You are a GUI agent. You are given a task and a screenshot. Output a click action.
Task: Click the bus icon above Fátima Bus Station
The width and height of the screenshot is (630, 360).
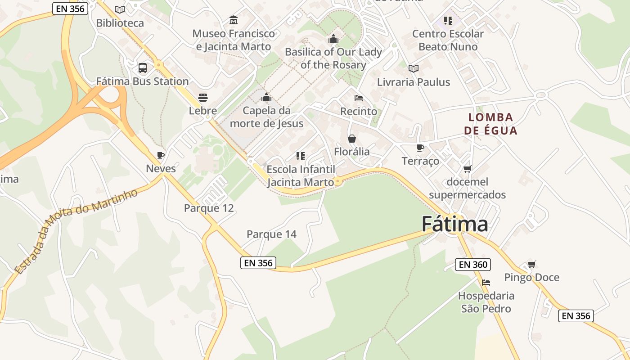pos(142,68)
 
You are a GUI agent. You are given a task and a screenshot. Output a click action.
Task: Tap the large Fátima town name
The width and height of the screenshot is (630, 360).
pos(454,224)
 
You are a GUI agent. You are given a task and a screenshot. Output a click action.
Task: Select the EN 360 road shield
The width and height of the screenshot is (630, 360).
pos(473,265)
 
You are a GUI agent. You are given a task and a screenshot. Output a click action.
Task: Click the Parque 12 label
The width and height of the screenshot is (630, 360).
pos(209,208)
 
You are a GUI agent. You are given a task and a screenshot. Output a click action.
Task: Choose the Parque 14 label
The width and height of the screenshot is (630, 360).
pos(271,234)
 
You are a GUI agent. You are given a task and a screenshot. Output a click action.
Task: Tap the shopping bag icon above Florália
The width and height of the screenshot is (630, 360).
pos(352,139)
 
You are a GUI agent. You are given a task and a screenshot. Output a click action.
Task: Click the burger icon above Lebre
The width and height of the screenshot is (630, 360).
pos(203,98)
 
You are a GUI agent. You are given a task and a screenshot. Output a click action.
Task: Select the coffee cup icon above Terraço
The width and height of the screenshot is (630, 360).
pos(420,148)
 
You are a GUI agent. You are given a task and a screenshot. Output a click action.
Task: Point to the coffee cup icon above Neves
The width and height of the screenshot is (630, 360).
pos(161,155)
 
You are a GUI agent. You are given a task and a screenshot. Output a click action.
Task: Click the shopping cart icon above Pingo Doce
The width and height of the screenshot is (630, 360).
pos(532,264)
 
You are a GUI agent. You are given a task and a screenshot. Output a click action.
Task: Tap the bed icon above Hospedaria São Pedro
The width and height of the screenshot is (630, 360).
pos(486,283)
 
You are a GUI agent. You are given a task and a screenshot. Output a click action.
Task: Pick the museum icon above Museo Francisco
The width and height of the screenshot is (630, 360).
pos(234,20)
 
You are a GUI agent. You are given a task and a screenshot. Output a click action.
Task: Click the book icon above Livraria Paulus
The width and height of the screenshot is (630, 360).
pos(413,68)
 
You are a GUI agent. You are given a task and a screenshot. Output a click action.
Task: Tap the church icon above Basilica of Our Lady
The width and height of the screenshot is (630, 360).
pos(333,39)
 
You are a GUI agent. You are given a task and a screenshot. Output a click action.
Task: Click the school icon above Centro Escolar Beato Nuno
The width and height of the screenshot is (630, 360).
pos(448,20)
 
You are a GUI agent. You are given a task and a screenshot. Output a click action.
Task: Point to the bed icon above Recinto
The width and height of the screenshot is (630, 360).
pos(359,98)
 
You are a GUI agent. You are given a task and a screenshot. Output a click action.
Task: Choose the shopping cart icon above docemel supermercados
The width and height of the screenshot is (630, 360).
pos(467,169)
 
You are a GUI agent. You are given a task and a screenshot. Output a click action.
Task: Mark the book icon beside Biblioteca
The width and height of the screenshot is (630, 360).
pos(119,9)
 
